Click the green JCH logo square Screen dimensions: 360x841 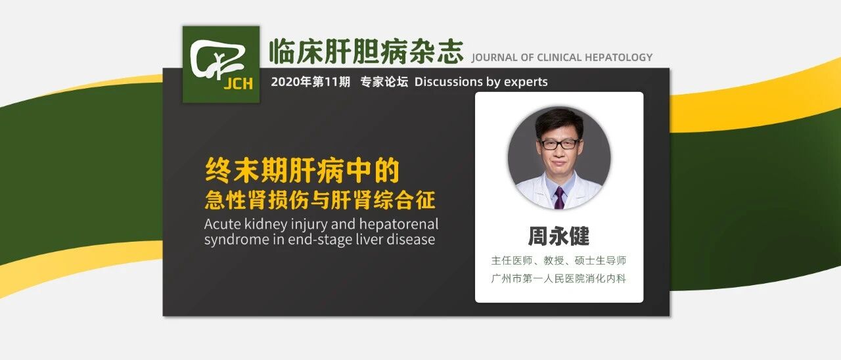click(221, 64)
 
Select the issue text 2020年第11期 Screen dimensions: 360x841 click(310, 82)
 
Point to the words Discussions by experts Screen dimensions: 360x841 click(481, 82)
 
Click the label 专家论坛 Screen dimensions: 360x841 click(384, 82)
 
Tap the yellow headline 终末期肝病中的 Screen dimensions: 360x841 click(302, 171)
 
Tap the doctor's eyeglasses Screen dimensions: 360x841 click(558, 143)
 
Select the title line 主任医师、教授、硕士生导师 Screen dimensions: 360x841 click(558, 261)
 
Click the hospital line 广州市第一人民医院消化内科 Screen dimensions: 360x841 click(558, 279)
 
